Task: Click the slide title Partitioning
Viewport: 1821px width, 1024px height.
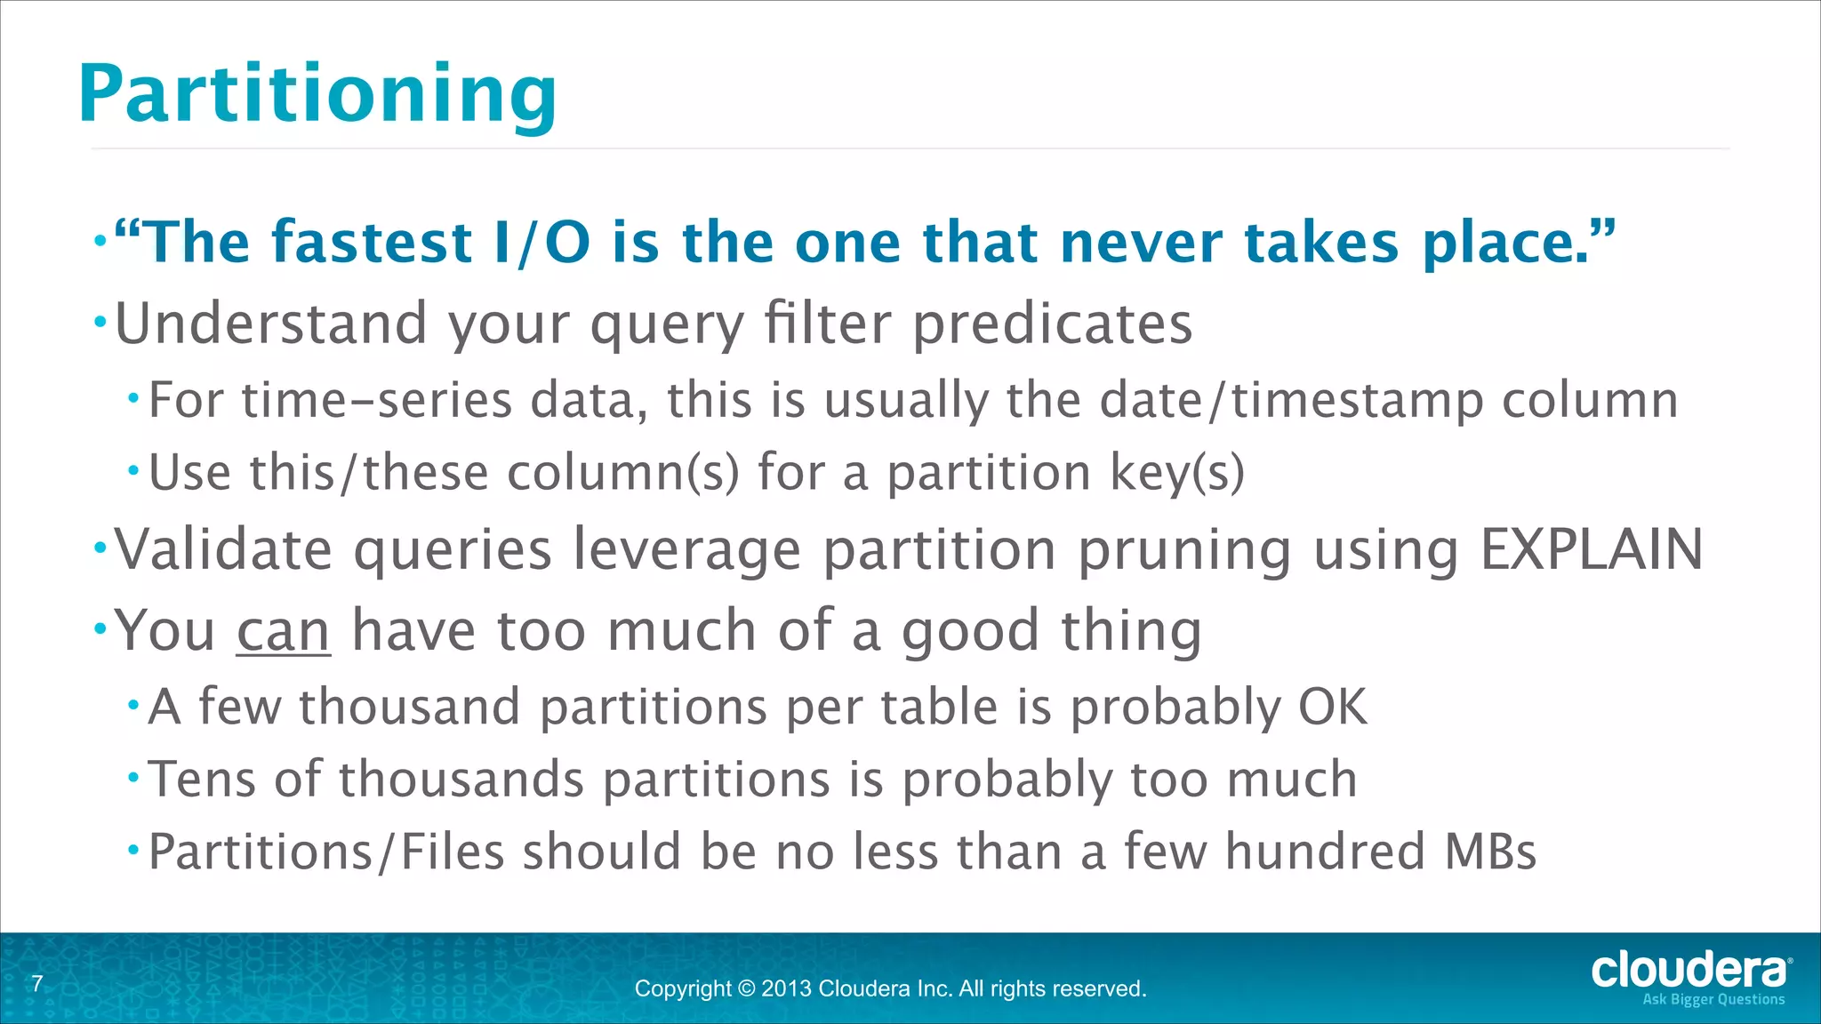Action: point(317,94)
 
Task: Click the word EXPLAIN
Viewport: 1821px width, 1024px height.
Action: point(1591,549)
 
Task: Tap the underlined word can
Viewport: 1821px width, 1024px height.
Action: point(284,630)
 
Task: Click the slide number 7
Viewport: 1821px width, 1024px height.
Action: point(37,984)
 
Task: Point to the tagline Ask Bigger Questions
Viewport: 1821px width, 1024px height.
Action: point(1713,1000)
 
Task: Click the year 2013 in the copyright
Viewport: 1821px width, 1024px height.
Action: point(786,988)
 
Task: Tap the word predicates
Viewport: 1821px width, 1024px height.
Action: point(1053,324)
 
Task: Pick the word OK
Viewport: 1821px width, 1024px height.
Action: point(1332,707)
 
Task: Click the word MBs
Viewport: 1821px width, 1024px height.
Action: point(1490,852)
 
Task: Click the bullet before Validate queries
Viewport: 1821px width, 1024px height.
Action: point(100,546)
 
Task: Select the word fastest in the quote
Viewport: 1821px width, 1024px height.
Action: point(371,242)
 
